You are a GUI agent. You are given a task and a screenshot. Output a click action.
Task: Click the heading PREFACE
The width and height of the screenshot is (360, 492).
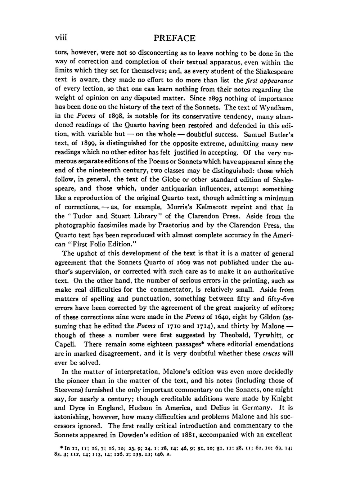[x=174, y=38]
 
